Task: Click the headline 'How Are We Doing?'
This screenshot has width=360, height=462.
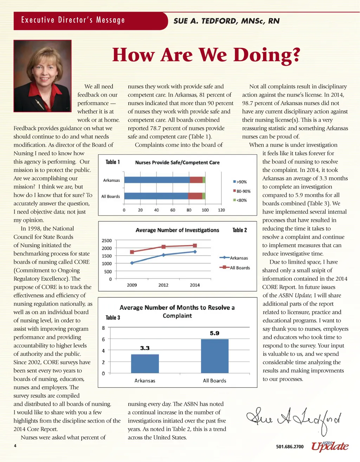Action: tap(206, 55)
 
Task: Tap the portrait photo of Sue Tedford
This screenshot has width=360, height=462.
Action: tap(43, 76)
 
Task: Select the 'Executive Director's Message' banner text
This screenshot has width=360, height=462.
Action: tap(73, 20)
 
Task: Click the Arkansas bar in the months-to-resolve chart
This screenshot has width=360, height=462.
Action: tap(145, 364)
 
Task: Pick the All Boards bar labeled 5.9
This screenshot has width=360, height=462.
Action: tap(214, 356)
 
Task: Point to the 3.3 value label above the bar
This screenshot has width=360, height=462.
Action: tap(145, 348)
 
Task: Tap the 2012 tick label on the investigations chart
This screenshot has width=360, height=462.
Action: tap(163, 285)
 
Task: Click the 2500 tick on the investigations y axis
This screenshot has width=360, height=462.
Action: tap(107, 240)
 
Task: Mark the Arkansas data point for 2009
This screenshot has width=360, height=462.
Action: tap(132, 263)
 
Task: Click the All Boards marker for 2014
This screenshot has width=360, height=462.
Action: tap(195, 245)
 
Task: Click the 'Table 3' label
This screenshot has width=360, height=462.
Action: tap(113, 317)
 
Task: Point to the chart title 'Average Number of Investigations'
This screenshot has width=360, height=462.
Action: tap(177, 230)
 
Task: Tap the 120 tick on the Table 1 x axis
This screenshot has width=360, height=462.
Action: tap(221, 210)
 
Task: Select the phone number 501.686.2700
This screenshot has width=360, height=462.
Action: tap(290, 447)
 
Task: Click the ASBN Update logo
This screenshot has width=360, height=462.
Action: tap(330, 446)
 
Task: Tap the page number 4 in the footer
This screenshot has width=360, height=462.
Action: tap(15, 446)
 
